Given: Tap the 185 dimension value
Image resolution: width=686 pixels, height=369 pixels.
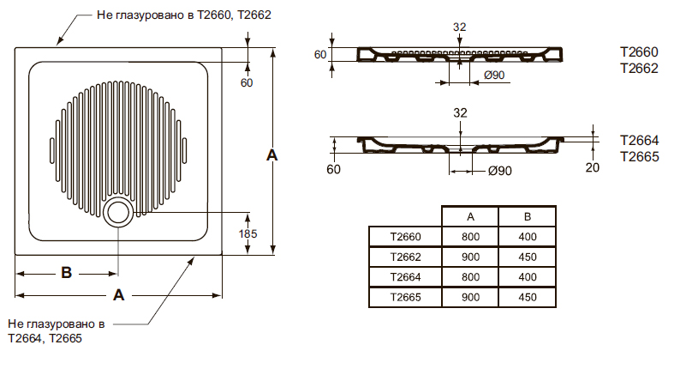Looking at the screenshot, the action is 248,233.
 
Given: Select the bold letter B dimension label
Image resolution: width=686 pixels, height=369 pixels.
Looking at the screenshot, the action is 67,273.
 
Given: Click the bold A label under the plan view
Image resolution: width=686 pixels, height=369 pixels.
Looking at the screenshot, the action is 118,295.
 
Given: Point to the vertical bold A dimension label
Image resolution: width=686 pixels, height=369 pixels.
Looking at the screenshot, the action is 272,155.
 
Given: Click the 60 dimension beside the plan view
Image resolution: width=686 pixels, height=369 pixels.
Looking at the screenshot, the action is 247,83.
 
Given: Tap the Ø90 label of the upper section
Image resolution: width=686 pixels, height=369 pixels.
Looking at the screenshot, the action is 494,76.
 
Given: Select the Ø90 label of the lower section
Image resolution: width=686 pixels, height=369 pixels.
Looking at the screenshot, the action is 500,171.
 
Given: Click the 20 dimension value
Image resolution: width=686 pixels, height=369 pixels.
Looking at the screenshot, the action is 593,167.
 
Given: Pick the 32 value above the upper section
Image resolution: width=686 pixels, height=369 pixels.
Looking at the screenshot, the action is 459,27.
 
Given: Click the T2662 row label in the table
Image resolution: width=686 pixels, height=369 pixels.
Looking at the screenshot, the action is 406,257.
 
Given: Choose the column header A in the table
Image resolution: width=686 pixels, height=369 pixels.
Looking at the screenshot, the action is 471,216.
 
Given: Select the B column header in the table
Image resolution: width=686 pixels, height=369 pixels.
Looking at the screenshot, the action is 528,216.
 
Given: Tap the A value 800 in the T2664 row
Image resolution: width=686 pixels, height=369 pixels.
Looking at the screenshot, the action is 471,277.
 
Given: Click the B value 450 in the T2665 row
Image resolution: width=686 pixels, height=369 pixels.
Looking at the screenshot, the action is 528,297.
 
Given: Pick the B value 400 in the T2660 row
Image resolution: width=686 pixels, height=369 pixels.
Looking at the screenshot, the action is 528,237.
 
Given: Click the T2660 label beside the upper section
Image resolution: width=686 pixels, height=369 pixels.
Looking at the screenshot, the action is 639,52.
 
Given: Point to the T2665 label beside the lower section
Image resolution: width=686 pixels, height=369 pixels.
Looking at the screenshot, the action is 640,156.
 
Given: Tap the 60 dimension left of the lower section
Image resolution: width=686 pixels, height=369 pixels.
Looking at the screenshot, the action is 333,169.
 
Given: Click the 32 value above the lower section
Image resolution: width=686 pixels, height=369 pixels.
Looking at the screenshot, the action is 460,113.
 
